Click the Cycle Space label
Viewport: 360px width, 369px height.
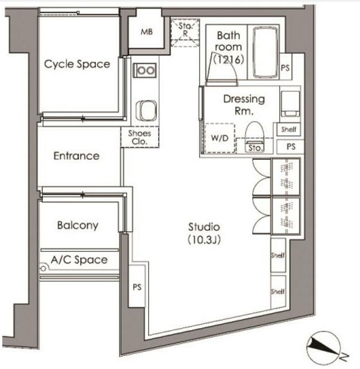[77, 64]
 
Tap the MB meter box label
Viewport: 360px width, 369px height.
[147, 32]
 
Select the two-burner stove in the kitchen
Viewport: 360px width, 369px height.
[145, 70]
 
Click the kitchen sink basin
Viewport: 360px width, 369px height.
[146, 110]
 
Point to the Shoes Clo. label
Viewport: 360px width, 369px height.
[140, 137]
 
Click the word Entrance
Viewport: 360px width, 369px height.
[76, 156]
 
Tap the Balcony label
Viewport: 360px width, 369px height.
[78, 225]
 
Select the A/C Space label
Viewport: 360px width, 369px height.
[79, 260]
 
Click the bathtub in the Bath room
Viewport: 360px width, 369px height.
[265, 52]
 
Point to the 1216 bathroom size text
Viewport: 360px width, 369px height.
[228, 59]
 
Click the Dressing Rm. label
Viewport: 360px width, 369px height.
[244, 105]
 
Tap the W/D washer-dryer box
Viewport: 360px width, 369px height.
[220, 138]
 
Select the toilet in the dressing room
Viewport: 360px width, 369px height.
[254, 137]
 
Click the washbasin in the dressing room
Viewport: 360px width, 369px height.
[290, 104]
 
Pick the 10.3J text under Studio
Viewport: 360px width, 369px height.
[204, 240]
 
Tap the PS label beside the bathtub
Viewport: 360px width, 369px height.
[285, 68]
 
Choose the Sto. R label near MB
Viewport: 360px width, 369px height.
[186, 29]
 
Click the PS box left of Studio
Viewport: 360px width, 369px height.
[137, 286]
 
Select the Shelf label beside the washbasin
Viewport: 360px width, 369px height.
[288, 129]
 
